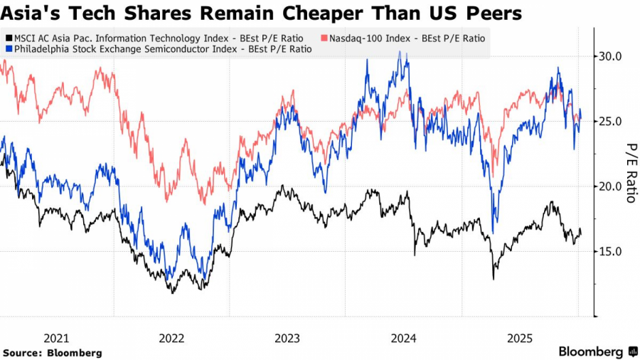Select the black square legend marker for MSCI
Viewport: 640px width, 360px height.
pos(8,38)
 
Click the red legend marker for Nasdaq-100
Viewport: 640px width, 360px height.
pos(324,38)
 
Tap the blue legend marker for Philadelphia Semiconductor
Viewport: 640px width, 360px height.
pos(8,49)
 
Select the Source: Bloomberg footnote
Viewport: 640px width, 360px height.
pos(53,353)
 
